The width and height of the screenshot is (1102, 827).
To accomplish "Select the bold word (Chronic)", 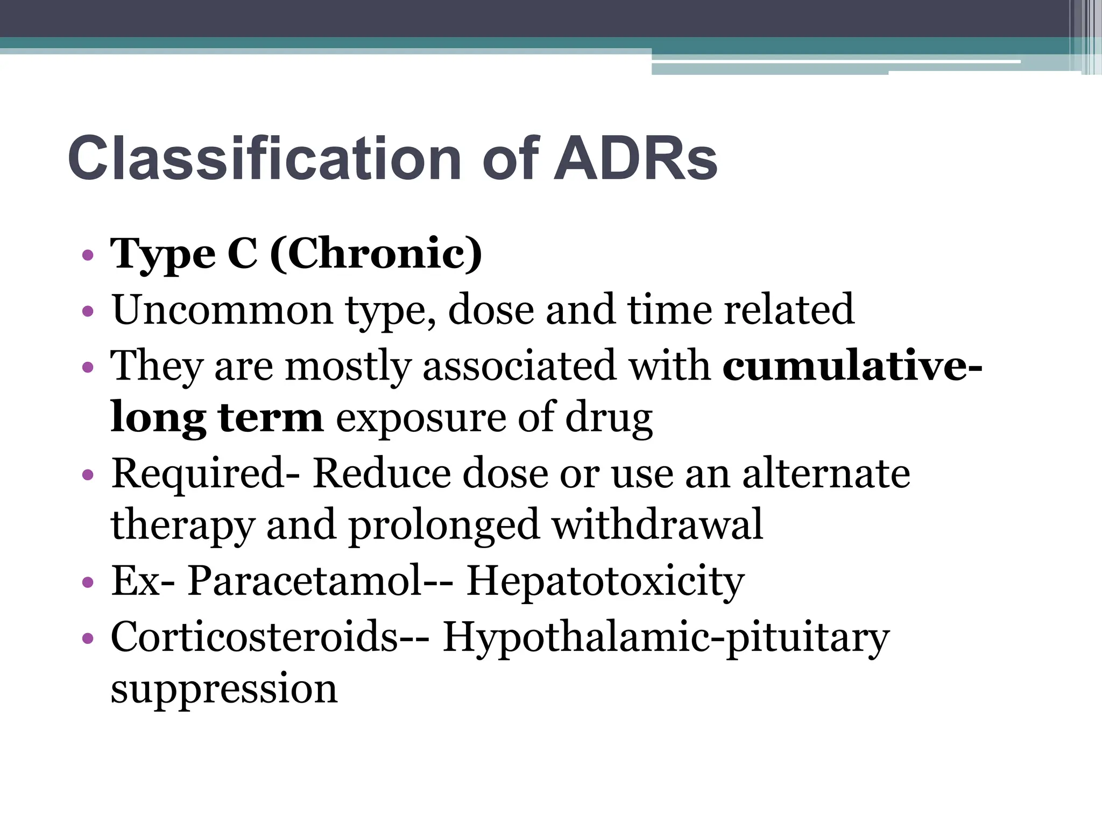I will [376, 253].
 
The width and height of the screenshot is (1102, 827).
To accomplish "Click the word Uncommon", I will [223, 310].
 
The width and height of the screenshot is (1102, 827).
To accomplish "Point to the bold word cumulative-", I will [852, 366].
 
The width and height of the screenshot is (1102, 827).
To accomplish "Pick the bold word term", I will [271, 417].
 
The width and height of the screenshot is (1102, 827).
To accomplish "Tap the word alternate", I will [826, 473].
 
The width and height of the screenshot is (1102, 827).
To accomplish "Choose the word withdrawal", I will [658, 524].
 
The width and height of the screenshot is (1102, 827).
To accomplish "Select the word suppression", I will [224, 689].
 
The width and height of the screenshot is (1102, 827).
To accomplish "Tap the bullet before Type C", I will [88, 255].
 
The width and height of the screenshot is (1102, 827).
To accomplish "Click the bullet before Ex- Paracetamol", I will [88, 583].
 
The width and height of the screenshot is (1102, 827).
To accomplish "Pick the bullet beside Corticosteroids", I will [88, 639].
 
